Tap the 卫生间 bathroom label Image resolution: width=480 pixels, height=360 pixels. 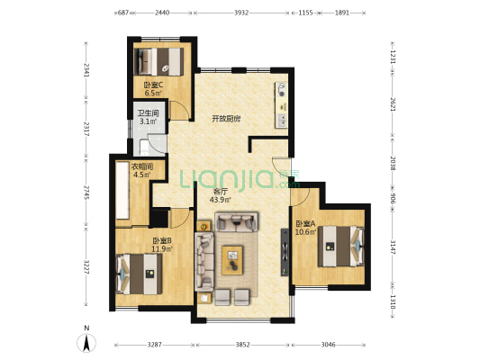pos(149,113)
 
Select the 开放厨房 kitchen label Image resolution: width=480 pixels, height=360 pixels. pos(226,119)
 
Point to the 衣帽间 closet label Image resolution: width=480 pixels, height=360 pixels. pos(142,166)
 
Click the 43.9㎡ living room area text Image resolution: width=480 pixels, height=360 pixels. pos(220,200)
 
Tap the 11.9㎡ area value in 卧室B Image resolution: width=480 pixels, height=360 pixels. pos(162,248)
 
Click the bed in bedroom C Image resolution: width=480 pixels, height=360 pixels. pos(158,61)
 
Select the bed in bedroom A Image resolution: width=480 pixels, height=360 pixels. pos(340,247)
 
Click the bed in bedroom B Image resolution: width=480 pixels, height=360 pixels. pos(139,274)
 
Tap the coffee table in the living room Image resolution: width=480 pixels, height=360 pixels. pos(232,260)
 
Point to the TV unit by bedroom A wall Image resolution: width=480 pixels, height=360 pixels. pos(285,252)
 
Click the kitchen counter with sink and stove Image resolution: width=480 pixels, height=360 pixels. pos(281,105)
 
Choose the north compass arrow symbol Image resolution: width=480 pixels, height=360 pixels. pos(86,343)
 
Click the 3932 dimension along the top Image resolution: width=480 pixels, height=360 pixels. pos(241,13)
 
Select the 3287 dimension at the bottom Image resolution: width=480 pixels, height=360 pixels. pos(154,345)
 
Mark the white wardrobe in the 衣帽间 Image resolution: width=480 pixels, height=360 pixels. pos(122,190)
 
